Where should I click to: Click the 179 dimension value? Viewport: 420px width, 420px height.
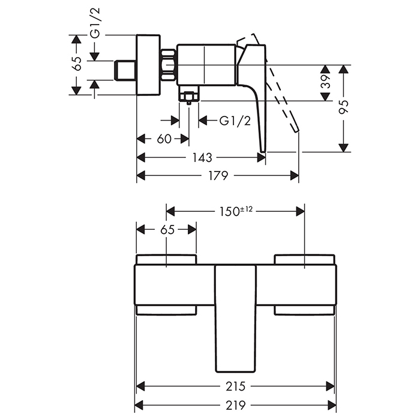tap(218, 176)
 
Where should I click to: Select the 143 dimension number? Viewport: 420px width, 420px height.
tap(203, 158)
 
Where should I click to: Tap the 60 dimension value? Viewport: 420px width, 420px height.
tap(164, 139)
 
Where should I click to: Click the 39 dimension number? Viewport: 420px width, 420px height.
tap(325, 82)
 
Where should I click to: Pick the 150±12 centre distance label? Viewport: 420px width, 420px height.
tap(236, 211)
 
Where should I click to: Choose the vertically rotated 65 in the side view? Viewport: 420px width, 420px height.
tap(76, 64)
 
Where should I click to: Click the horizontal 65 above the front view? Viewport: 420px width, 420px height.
tap(167, 229)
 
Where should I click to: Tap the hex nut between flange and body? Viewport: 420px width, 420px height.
tap(169, 64)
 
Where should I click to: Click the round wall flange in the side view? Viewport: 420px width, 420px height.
tap(149, 64)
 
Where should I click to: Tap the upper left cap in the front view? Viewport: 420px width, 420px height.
tap(166, 259)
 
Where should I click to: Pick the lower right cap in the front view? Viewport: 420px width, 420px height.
tap(304, 310)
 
